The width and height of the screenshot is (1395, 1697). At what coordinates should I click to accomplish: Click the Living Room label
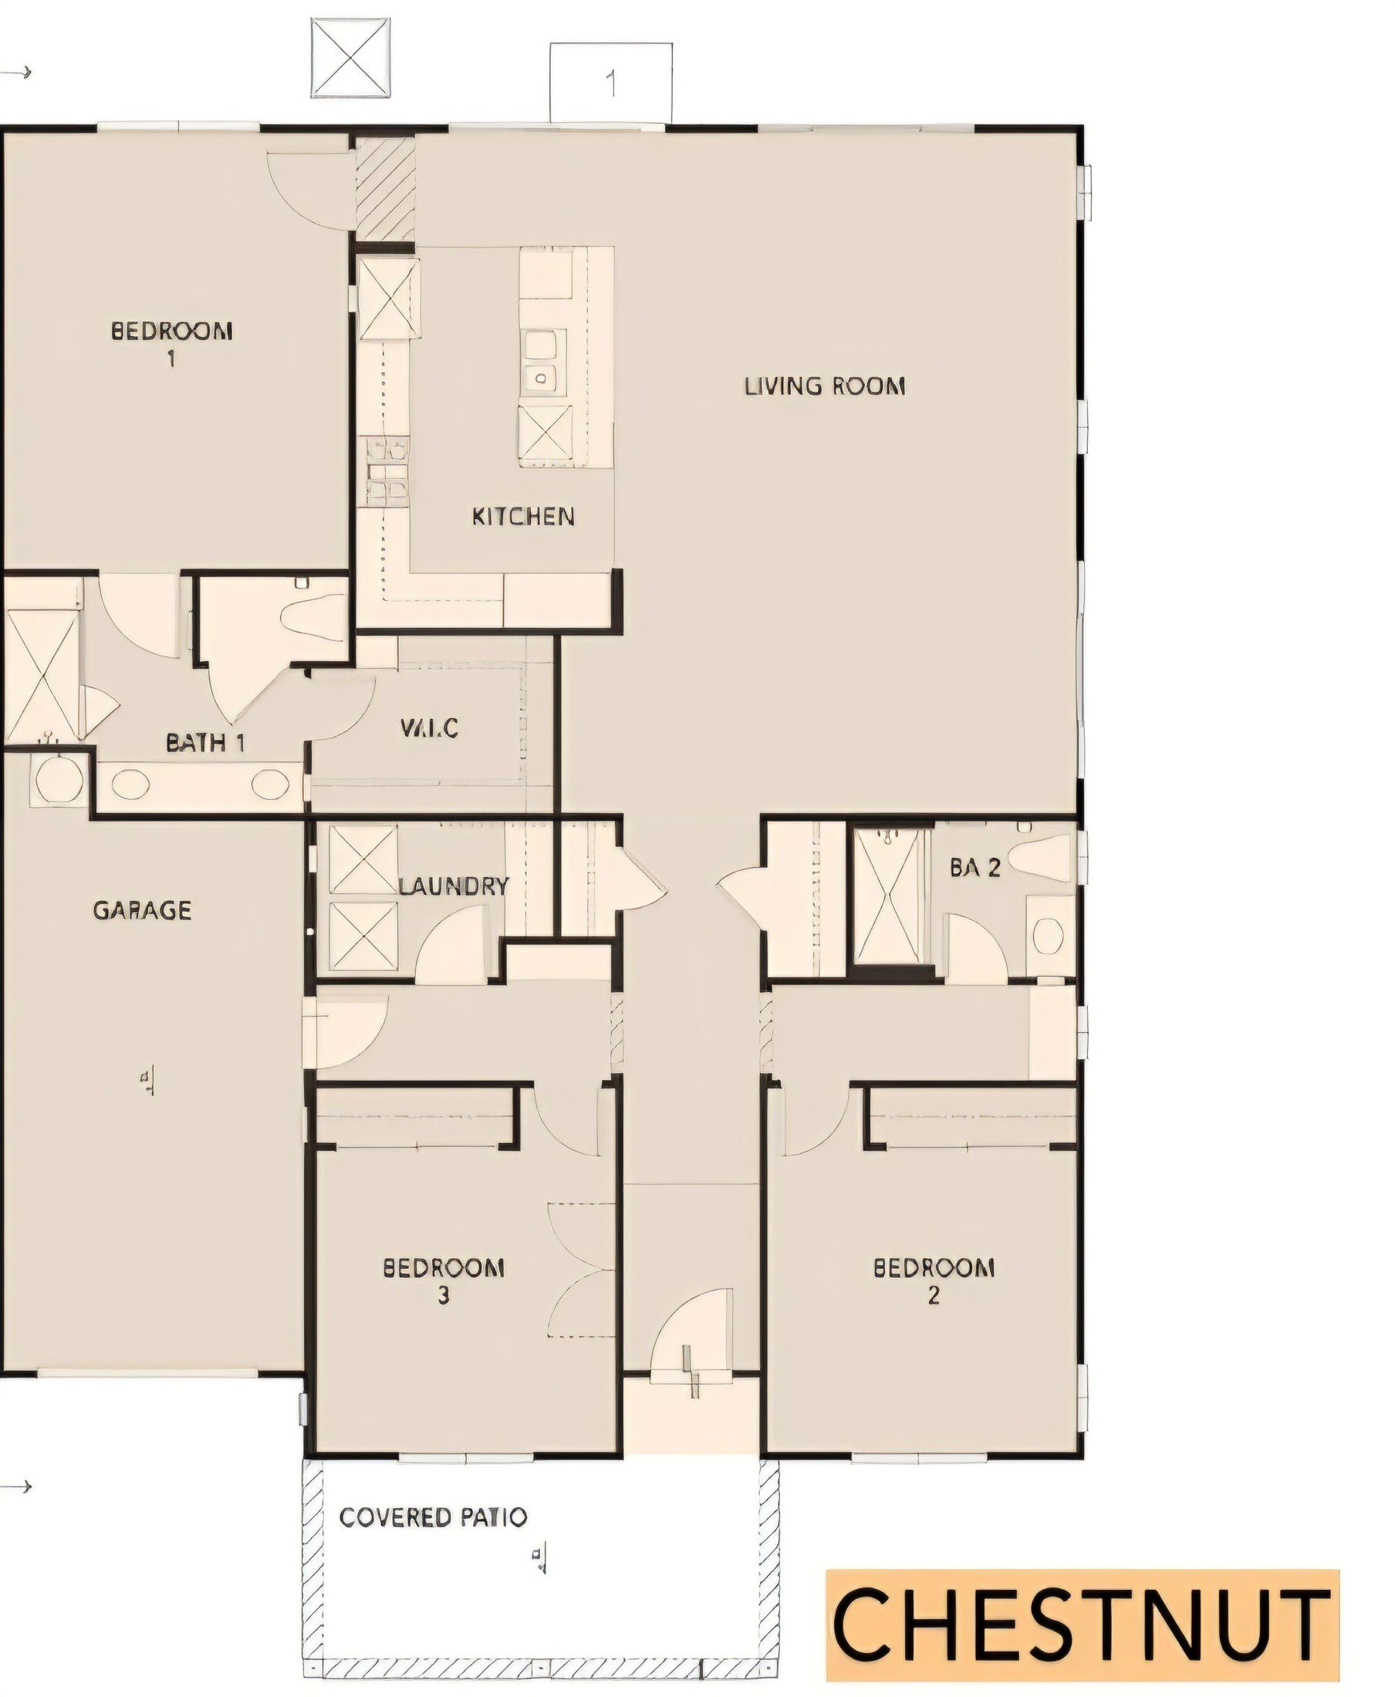point(826,386)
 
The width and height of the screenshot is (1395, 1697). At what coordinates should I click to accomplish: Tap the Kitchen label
point(523,516)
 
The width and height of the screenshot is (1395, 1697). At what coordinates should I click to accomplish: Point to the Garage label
point(142,910)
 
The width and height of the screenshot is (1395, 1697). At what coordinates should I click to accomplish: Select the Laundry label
point(454,886)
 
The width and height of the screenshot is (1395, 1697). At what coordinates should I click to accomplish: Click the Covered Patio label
point(433,1518)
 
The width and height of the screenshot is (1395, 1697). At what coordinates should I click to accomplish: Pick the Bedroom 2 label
point(934,1281)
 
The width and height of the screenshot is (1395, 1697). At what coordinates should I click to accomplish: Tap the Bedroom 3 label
point(444,1281)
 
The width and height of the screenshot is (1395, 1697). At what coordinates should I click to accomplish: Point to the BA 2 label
point(974,867)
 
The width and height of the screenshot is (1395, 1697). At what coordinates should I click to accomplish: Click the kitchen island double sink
point(541,361)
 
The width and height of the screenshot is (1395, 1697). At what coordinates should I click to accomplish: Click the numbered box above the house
point(611,83)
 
